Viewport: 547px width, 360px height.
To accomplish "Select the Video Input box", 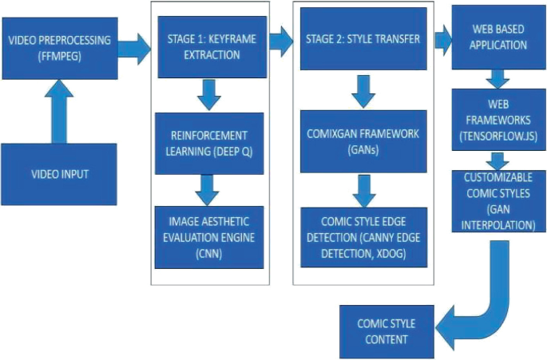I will point(60,173).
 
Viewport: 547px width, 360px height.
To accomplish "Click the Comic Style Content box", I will point(386,332).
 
